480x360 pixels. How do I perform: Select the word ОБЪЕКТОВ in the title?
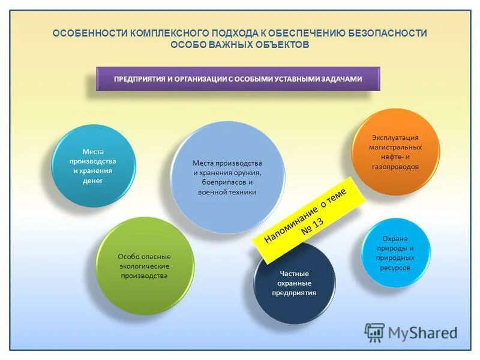[x=281, y=45]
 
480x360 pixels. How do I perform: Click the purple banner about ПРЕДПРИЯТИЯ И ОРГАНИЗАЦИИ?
[x=238, y=79]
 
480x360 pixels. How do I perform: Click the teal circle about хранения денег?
[x=93, y=166]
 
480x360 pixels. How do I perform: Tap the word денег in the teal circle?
[x=93, y=181]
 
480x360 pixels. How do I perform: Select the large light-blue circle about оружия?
[x=227, y=178]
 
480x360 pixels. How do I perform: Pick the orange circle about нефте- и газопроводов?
[x=395, y=152]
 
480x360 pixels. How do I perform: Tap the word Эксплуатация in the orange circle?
[x=395, y=137]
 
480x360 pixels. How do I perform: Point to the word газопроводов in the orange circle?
[x=395, y=167]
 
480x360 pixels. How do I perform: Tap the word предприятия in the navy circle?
[x=294, y=293]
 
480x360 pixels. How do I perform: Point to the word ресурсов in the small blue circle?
[x=395, y=268]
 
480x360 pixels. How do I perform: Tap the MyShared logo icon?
[x=374, y=332]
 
